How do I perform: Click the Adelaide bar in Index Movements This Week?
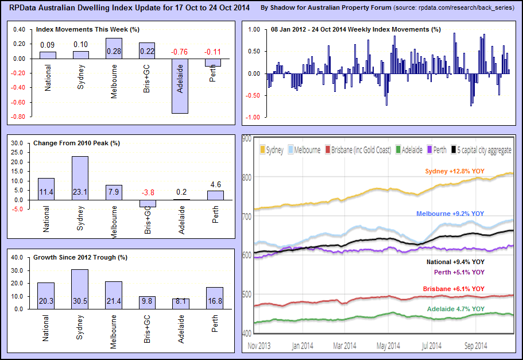[180, 86]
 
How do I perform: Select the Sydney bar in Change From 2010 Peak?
[80, 178]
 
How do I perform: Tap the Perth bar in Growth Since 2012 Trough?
[215, 298]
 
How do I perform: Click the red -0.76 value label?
[180, 52]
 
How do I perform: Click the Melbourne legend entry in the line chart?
[305, 150]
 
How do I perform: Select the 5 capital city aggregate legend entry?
[482, 150]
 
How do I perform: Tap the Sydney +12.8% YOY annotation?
[454, 171]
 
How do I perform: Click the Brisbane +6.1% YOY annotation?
[454, 289]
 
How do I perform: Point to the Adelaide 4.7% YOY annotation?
[456, 309]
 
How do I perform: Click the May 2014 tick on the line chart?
[388, 346]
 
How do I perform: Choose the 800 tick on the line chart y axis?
[247, 177]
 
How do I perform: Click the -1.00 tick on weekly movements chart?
[254, 117]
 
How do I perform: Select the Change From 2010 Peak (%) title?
[80, 142]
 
